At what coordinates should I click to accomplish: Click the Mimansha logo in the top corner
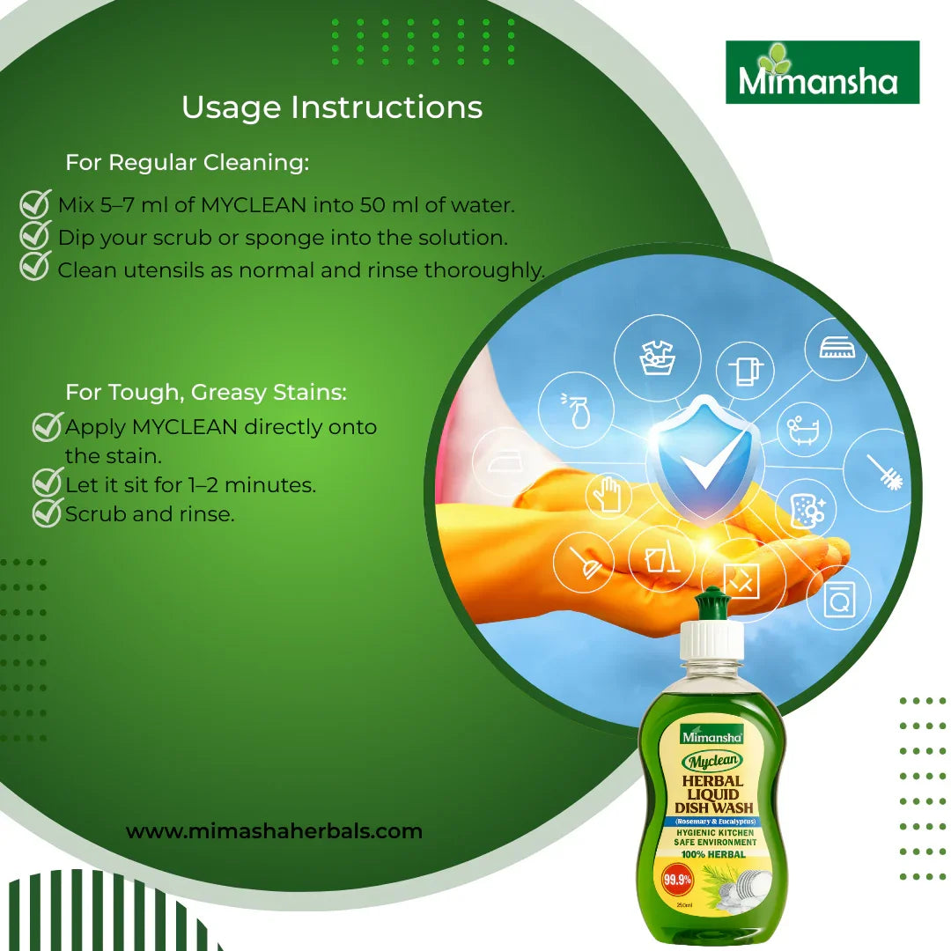point(822,72)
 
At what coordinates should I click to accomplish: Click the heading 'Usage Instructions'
point(332,107)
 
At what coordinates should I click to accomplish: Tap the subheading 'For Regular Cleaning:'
point(188,163)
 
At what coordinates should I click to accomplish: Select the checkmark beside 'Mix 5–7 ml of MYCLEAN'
point(34,205)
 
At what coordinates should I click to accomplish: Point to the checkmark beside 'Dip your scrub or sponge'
point(34,236)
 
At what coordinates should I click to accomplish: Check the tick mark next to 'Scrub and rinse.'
point(45,513)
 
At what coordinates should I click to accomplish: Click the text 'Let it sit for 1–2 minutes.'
point(190,484)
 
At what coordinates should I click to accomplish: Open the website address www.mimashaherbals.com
point(274,831)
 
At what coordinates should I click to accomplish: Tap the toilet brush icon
point(884,470)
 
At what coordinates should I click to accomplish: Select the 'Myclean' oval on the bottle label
point(713,759)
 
